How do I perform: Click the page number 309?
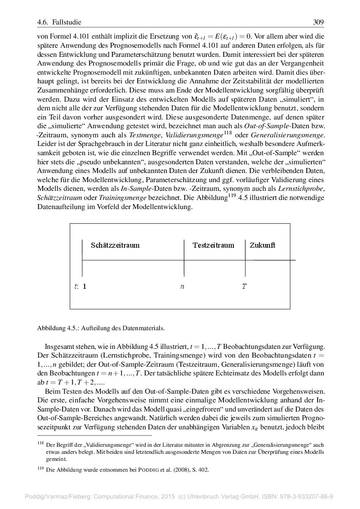(x=318, y=22)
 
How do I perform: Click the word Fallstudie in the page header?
(x=66, y=22)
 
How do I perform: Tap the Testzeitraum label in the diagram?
(x=213, y=245)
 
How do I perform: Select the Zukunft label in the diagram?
(x=262, y=245)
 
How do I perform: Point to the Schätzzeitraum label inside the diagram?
(x=115, y=245)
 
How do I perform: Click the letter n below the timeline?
(x=182, y=286)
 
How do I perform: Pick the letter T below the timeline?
(x=244, y=286)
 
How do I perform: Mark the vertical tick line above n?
(x=184, y=257)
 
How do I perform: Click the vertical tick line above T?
(x=245, y=257)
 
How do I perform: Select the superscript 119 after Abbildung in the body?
(x=233, y=196)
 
